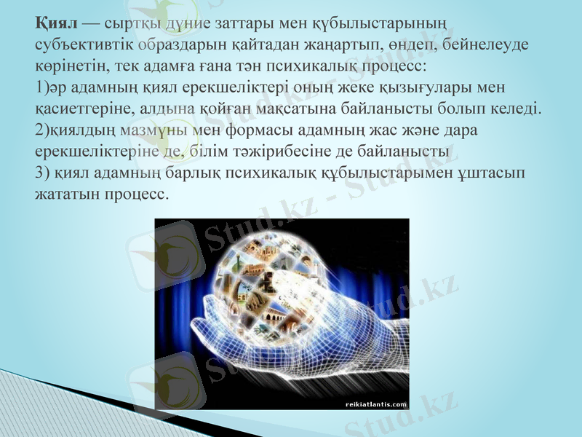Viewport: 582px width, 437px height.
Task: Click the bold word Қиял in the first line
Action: click(56, 23)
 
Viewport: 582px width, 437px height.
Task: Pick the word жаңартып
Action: click(340, 45)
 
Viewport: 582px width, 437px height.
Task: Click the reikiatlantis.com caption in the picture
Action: click(375, 403)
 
